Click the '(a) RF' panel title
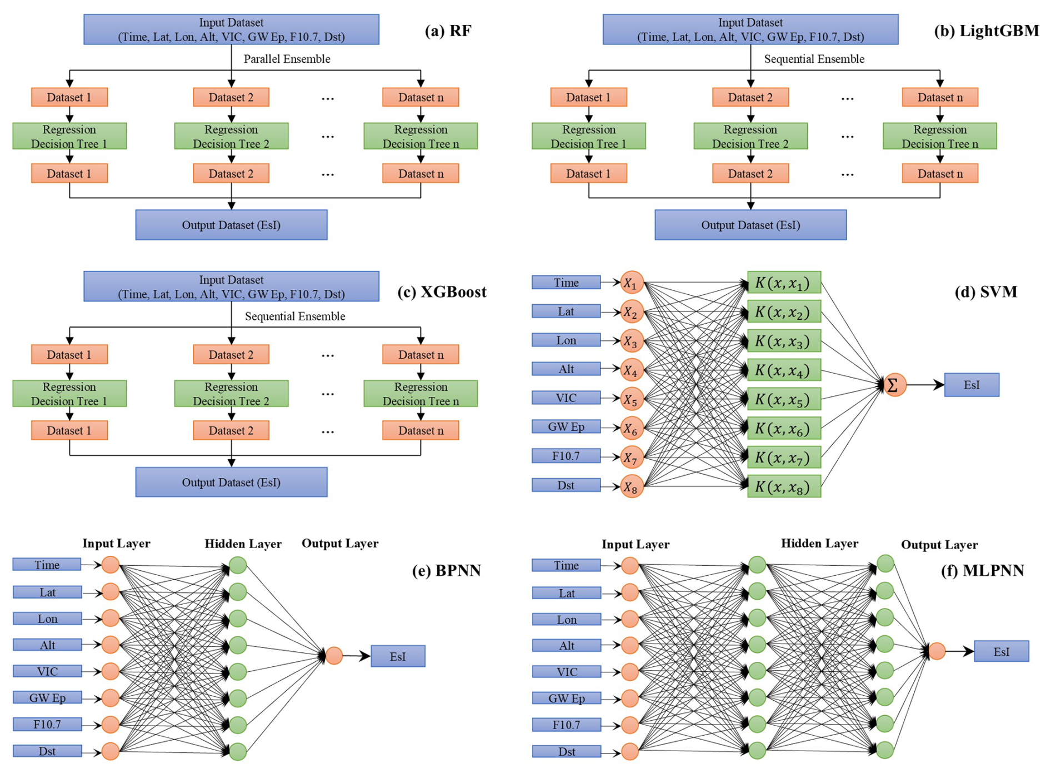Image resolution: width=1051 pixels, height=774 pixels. pos(448,31)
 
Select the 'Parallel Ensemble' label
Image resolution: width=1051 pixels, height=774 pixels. pos(287,59)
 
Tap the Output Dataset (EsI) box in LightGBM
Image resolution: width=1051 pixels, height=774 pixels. pos(750,225)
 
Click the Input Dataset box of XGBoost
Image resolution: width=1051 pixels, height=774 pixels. pos(231,287)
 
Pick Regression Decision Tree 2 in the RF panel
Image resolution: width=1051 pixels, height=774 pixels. pos(231,136)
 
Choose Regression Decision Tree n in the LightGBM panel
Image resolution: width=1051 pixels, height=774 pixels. pos(939,136)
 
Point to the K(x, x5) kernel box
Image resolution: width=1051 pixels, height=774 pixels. pos(784,399)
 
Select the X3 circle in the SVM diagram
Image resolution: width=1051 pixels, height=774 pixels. pos(631,341)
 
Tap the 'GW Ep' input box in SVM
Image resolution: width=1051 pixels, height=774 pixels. pos(565,427)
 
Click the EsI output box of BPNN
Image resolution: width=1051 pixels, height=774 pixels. pos(398,656)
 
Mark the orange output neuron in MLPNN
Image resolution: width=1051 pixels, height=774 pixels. pos(937,651)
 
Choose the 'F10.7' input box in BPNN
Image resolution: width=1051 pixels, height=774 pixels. pos(47,724)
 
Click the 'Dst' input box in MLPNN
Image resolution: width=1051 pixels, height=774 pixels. pos(566,752)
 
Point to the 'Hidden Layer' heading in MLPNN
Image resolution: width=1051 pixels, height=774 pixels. pos(819,544)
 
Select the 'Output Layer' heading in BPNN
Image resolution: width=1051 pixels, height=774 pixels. pos(340,544)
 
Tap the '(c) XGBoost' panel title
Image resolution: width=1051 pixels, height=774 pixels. pos(442,292)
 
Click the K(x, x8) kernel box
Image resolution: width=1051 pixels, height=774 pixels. pos(784,486)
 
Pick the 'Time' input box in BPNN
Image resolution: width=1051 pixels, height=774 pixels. pos(47,565)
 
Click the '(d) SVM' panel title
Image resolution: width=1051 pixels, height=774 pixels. pos(985,292)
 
